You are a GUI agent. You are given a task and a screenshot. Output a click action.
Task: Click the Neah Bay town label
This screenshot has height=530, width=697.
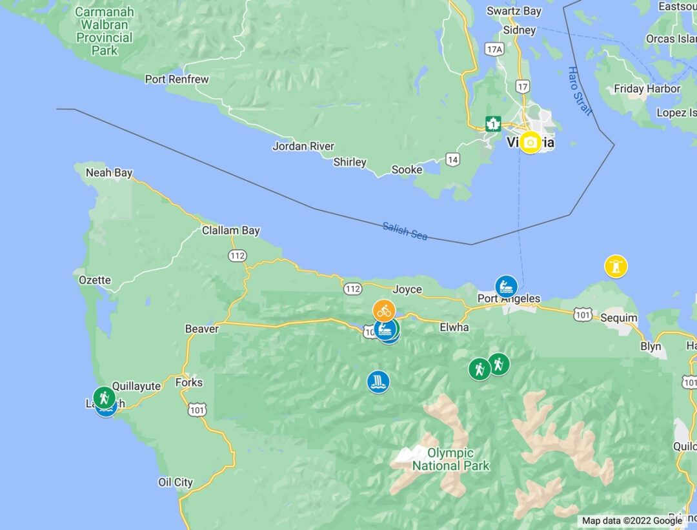point(109,173)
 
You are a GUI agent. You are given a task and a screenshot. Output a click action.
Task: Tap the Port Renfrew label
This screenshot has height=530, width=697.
point(177,79)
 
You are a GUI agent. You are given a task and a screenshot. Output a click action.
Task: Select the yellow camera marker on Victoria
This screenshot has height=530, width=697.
point(530,142)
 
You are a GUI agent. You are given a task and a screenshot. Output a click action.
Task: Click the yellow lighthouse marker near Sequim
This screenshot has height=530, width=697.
point(616,266)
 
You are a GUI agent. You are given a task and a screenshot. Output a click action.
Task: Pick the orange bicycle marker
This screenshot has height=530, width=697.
point(384,311)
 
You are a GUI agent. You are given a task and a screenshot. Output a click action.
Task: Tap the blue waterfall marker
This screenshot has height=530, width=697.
point(378,382)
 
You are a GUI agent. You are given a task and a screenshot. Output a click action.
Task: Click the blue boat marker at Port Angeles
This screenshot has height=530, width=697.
point(507,286)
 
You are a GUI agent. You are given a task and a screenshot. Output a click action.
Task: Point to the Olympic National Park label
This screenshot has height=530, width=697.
point(450,459)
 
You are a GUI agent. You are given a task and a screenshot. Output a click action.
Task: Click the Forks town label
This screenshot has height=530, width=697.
point(189,382)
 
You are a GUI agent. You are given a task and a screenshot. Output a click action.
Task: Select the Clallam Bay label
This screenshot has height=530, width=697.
point(230,230)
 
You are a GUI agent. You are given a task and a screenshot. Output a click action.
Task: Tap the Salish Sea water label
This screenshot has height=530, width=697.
point(405,230)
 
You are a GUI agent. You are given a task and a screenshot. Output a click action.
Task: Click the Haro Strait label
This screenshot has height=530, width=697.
point(580,91)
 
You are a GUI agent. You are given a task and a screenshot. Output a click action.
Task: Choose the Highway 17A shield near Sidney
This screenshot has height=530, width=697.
point(494,49)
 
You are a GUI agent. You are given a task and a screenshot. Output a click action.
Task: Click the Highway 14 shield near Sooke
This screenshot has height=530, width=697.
point(452,159)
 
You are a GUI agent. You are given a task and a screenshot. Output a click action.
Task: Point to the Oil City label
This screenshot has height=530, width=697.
point(176,482)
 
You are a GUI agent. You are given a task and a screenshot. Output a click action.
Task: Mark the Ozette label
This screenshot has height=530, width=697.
point(95,280)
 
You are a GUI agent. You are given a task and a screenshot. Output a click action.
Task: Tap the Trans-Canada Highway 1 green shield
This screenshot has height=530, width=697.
point(493,123)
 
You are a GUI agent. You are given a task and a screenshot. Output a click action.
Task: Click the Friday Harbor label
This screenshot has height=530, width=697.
point(647,89)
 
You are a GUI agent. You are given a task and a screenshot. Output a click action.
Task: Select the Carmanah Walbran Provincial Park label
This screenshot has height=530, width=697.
point(105,31)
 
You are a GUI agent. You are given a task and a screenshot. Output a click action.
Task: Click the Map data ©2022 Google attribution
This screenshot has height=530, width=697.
point(632,520)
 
